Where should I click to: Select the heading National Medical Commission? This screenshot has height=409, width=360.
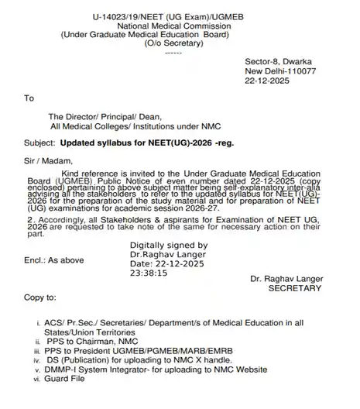[x=180, y=25]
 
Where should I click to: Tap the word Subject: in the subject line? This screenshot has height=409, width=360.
[x=40, y=145]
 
